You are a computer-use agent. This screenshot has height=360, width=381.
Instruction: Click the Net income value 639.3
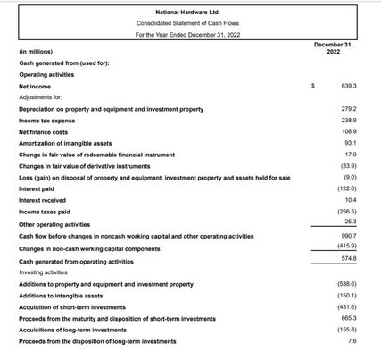coord(348,86)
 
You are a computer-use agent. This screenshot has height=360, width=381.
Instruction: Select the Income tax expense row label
coord(47,120)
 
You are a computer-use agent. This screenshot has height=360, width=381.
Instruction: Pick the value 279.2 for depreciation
coord(348,108)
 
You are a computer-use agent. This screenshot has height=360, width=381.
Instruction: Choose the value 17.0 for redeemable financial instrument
coord(350,155)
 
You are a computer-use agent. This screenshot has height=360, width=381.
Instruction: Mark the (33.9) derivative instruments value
coord(348,166)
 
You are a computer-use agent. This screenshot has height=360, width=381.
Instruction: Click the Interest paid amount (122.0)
coord(347,189)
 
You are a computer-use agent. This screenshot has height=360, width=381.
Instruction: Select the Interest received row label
coord(43,201)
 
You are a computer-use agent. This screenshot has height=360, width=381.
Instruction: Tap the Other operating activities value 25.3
coord(350,222)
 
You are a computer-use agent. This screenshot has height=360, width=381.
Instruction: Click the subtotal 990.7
coord(348,236)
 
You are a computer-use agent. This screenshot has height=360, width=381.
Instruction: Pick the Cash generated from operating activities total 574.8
coord(348,258)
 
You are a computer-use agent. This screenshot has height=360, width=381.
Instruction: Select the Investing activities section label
coord(42,272)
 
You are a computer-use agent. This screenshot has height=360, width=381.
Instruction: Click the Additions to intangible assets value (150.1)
coord(347,295)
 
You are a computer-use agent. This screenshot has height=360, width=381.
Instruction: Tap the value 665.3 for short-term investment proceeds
coord(348,318)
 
